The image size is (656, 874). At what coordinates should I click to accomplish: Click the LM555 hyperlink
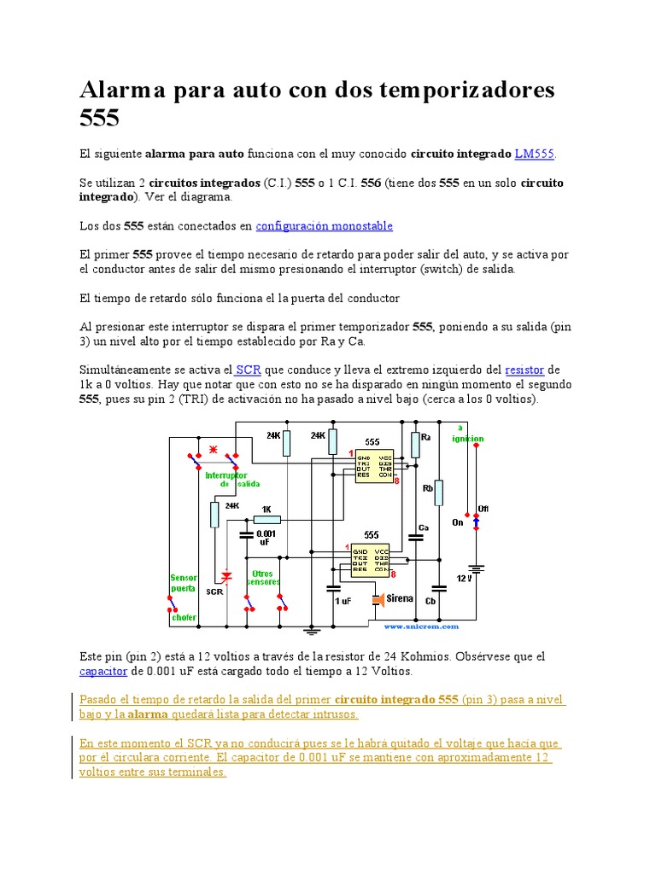(x=535, y=154)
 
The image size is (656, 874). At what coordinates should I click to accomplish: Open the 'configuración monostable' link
(x=325, y=226)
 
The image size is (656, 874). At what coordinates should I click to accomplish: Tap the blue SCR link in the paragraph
(x=248, y=370)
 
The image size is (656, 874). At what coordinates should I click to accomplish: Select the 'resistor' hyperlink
(x=524, y=370)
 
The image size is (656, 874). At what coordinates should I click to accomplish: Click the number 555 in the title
(x=101, y=117)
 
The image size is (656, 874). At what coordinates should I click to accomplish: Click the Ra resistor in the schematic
(x=416, y=445)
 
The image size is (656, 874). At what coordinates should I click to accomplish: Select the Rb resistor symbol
(x=439, y=492)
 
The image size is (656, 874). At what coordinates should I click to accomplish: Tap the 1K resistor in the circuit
(x=266, y=519)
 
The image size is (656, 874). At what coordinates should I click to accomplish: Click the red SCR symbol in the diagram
(x=226, y=578)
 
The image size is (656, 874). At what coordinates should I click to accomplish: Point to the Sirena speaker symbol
(x=378, y=600)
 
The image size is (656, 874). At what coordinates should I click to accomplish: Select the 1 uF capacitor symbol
(x=334, y=588)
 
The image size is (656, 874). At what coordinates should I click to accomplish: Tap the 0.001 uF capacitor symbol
(x=246, y=536)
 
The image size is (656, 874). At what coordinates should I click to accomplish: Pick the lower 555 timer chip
(x=370, y=559)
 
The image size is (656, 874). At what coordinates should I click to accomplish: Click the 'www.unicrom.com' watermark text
(x=421, y=626)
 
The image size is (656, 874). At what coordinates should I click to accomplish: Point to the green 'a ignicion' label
(x=466, y=433)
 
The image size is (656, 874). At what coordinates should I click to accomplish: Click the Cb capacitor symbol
(x=439, y=588)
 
